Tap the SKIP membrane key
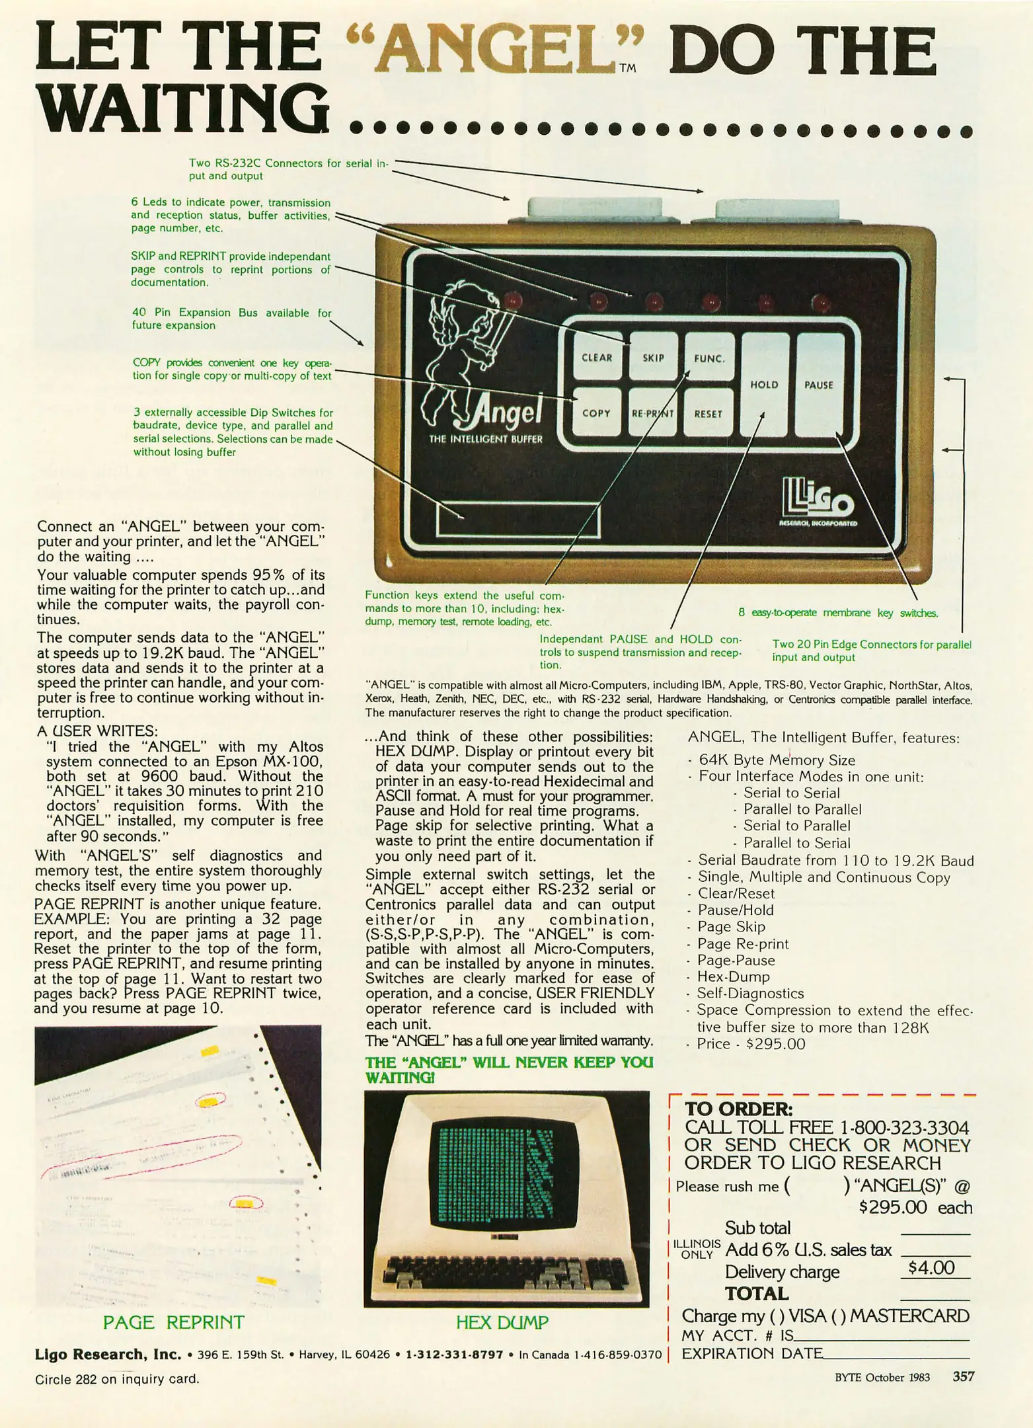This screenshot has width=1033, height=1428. (653, 357)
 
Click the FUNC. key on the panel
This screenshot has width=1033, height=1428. (709, 358)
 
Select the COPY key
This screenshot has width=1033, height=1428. (596, 413)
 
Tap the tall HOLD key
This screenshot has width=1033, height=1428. (764, 384)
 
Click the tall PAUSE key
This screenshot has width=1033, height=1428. (819, 384)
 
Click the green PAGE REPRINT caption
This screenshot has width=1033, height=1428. (174, 1322)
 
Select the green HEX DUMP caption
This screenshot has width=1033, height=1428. (502, 1322)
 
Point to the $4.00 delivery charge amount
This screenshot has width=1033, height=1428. (931, 1267)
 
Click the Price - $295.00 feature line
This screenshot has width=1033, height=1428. (751, 1044)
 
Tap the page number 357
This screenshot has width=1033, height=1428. (963, 1377)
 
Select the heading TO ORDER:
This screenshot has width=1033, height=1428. (738, 1109)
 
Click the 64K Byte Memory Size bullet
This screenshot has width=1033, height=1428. (777, 760)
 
